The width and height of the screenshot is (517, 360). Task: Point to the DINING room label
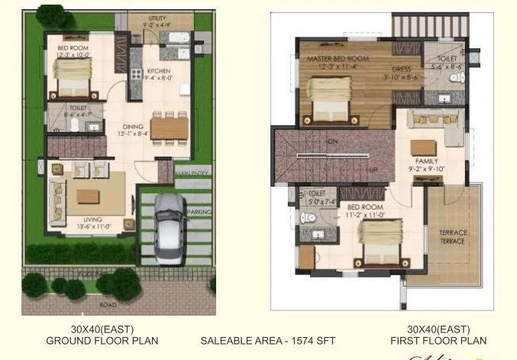(134, 127)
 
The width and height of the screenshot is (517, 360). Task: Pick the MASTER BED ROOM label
(338, 58)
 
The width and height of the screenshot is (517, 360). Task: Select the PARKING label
(199, 212)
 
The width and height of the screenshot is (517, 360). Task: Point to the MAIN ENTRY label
(191, 174)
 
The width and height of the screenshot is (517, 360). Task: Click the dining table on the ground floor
(170, 128)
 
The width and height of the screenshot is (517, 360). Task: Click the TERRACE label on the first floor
(451, 236)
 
